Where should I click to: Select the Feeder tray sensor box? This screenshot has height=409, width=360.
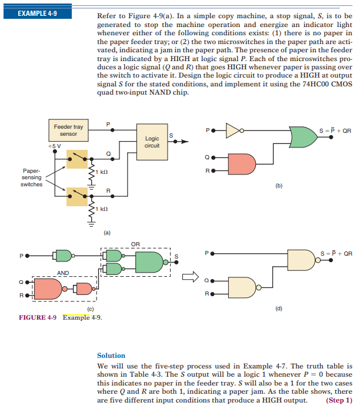pyautogui.click(x=68, y=130)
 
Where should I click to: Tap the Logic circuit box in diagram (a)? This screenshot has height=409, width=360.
pyautogui.click(x=152, y=142)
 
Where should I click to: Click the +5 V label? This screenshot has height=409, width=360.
pyautogui.click(x=55, y=145)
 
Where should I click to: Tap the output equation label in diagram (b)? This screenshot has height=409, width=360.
pyautogui.click(x=335, y=130)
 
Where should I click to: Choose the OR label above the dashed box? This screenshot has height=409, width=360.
pyautogui.click(x=135, y=243)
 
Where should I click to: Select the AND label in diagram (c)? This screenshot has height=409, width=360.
pyautogui.click(x=63, y=273)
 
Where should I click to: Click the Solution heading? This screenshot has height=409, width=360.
pyautogui.click(x=111, y=355)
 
